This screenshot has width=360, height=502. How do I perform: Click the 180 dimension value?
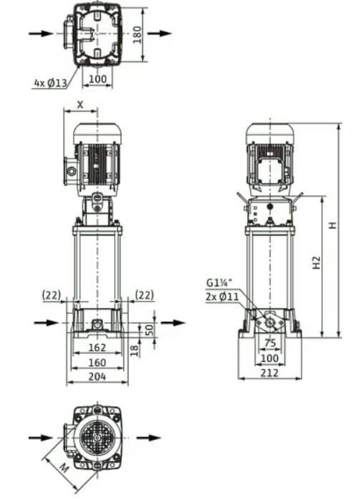pos(137,35)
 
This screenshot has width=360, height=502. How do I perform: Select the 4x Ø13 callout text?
pos(51,83)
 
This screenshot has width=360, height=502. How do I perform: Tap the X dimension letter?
pos(80,105)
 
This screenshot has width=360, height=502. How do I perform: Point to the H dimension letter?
pos(333,225)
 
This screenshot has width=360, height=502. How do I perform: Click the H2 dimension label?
pos(316,263)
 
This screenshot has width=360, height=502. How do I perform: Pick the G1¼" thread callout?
pos(219,282)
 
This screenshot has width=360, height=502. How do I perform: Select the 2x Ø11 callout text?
pos(222,297)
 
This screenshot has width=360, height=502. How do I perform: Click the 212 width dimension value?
pos(269,372)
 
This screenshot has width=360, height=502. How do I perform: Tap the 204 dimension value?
pos(97,376)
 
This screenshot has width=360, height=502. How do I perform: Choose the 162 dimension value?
pos(97,347)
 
